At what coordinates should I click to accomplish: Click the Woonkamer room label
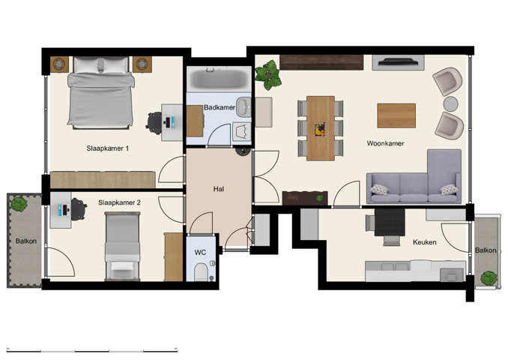386,142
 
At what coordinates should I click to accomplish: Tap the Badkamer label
220,108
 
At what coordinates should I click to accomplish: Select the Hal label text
219,189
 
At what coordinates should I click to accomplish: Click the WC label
200,253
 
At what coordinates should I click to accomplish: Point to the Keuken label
424,242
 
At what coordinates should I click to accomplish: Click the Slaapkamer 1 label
109,148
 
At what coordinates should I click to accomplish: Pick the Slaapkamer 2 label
120,202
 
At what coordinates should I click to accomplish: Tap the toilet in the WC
202,271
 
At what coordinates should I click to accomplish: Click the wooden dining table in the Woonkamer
320,127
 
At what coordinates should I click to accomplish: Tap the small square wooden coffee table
396,115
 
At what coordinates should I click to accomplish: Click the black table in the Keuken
390,222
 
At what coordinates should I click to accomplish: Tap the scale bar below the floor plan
92,349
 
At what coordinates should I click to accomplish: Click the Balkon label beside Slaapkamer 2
26,241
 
